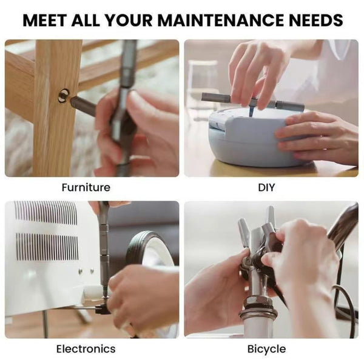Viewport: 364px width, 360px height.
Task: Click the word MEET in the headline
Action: click(x=46, y=19)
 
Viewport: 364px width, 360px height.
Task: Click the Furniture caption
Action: click(x=86, y=187)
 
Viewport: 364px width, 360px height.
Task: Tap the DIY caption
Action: click(x=266, y=187)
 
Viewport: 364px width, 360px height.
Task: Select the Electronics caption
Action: click(x=86, y=348)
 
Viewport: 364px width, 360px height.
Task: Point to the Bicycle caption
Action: click(x=266, y=348)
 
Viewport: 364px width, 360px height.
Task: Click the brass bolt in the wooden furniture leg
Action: click(x=64, y=95)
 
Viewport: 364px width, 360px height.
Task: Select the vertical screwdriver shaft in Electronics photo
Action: click(x=104, y=255)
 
